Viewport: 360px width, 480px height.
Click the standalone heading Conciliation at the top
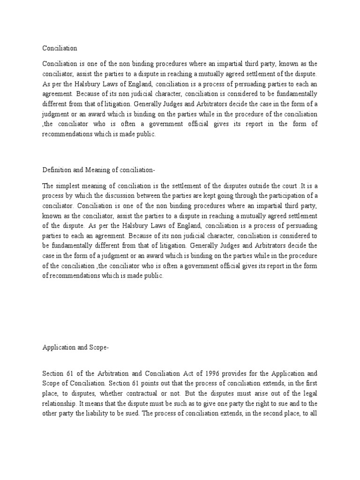pos(60,48)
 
